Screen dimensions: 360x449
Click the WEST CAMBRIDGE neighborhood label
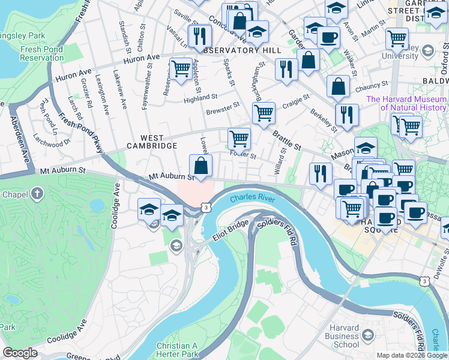(x=151, y=142)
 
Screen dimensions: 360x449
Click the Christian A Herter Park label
(x=177, y=350)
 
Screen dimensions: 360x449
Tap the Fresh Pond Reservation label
(x=41, y=54)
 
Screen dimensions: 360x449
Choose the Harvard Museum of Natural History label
(x=406, y=103)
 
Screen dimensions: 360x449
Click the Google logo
(x=20, y=353)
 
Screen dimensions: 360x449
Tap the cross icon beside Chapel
(x=37, y=194)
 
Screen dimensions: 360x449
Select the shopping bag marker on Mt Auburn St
(x=200, y=166)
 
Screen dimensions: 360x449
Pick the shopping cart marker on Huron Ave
(x=180, y=69)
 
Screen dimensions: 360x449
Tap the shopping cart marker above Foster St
(x=240, y=139)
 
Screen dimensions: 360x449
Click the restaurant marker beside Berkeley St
(x=346, y=115)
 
